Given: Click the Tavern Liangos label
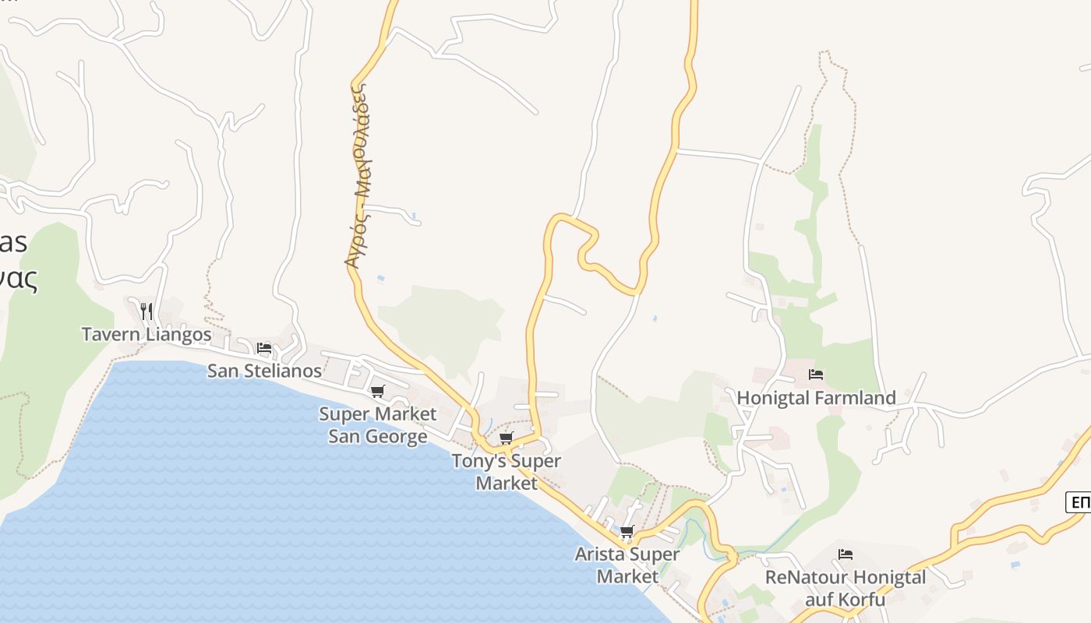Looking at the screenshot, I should [x=147, y=335].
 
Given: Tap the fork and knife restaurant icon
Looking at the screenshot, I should [x=147, y=311].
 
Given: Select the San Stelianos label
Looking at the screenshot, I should [x=264, y=371].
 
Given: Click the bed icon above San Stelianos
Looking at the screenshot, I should [x=264, y=348].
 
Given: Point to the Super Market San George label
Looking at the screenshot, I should [x=378, y=424].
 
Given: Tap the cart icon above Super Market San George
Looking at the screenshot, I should [x=378, y=391].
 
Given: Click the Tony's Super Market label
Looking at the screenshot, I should [x=507, y=472].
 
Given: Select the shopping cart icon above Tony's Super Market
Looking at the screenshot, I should [x=507, y=438].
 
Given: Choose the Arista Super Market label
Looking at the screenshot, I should [x=627, y=565].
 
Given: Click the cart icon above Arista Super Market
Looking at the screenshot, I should [x=627, y=533].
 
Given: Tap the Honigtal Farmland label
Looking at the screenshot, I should [x=816, y=398].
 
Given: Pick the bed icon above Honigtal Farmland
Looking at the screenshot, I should [x=816, y=375].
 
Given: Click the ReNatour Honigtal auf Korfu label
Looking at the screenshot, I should [x=846, y=588].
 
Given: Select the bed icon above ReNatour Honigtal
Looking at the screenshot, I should [x=846, y=554].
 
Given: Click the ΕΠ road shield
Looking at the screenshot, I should [x=1079, y=502].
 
